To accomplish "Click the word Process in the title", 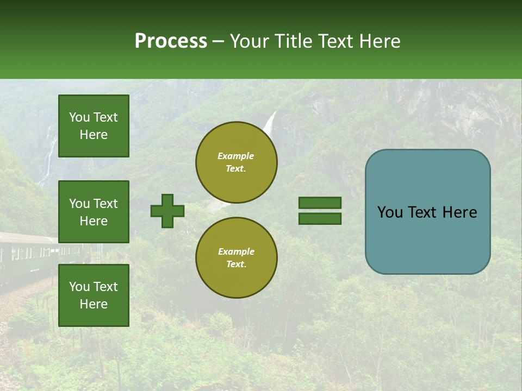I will (x=171, y=41).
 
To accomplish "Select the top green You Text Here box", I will (x=94, y=126).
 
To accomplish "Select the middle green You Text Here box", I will (x=94, y=212).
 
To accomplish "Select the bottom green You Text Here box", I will (x=94, y=295).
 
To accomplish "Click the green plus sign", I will (x=167, y=211).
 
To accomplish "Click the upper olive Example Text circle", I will (x=237, y=162).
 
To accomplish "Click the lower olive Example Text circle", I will (x=237, y=257).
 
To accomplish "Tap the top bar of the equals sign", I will (x=320, y=203).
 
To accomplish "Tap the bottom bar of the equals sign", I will (x=320, y=218).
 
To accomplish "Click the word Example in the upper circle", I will (x=236, y=156).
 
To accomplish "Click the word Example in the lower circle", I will (x=236, y=251).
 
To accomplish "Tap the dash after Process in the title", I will (x=218, y=42).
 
